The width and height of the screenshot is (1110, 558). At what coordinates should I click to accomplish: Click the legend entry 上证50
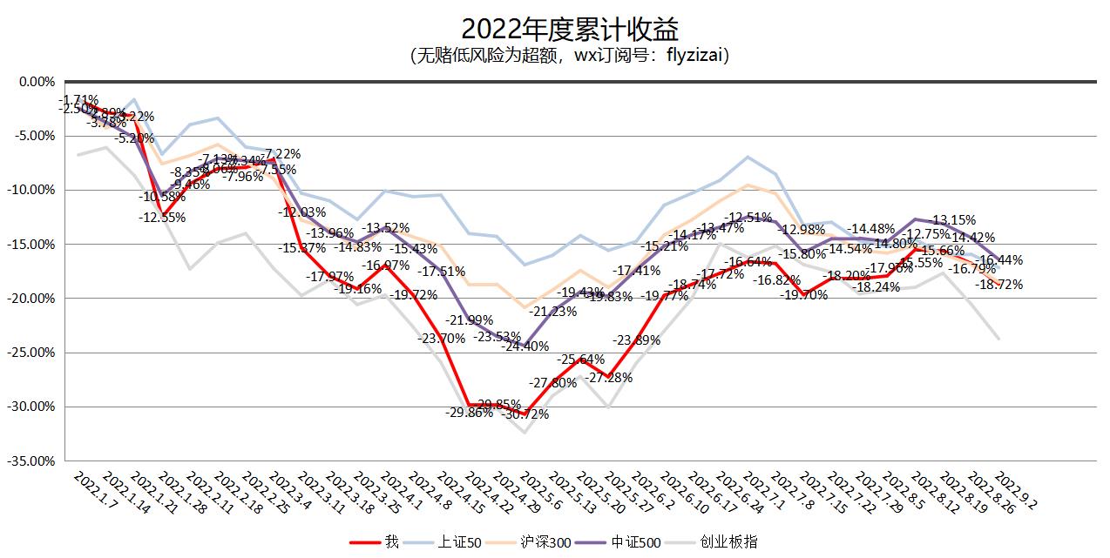pos(453,541)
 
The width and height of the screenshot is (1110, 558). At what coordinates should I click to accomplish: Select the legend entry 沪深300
pos(537,541)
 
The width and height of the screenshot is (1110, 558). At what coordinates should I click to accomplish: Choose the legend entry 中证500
pos(629,541)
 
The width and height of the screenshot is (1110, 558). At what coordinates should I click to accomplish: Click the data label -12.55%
pos(161,218)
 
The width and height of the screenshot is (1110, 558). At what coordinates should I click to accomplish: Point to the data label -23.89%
pos(636,340)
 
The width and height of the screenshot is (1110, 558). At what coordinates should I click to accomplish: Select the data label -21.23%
pos(552,312)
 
